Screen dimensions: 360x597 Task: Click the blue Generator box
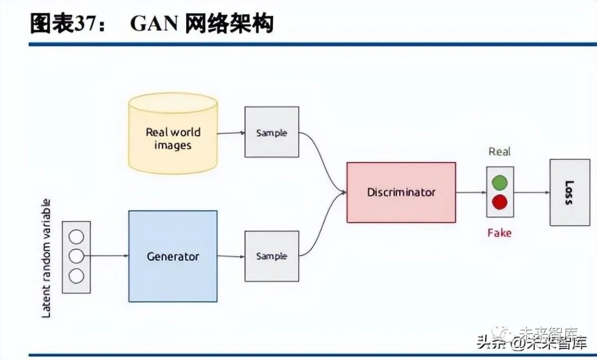172,256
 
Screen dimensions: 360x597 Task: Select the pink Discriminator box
401,192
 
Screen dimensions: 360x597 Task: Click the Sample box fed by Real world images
271,133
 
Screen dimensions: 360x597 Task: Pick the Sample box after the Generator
271,256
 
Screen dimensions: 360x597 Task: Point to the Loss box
569,192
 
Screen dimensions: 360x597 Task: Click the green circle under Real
500,182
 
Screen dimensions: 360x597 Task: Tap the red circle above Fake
500,202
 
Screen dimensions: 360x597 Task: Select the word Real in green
500,152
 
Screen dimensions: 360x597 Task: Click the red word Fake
499,233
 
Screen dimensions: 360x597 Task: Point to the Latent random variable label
46,258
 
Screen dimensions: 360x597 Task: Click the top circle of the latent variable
76,237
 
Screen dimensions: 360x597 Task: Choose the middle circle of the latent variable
76,256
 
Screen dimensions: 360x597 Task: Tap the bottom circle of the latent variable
76,275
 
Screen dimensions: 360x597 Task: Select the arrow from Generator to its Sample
231,256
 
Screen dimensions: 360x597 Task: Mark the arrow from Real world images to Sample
231,133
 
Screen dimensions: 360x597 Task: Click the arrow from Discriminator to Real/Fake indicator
471,192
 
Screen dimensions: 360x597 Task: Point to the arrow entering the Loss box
531,192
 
